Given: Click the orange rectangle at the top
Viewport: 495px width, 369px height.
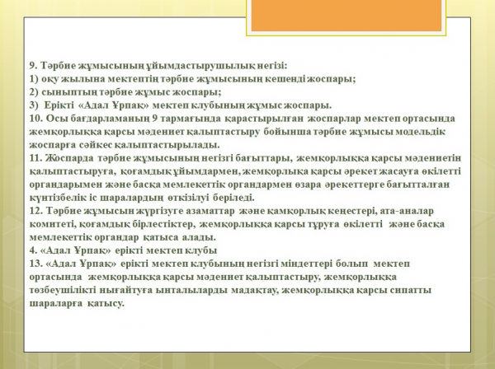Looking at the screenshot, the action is pyautogui.click(x=346, y=15).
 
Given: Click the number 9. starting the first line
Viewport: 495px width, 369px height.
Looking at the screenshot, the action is pyautogui.click(x=34, y=66).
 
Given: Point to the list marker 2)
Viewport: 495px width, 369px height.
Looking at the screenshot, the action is pyautogui.click(x=34, y=92).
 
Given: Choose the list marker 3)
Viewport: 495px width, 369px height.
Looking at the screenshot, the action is pyautogui.click(x=34, y=105).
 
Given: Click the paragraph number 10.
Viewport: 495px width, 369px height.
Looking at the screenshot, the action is pyautogui.click(x=35, y=119).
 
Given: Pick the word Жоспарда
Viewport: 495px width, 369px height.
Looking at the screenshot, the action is pyautogui.click(x=69, y=158).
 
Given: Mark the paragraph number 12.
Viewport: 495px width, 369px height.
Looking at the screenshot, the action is pyautogui.click(x=35, y=211).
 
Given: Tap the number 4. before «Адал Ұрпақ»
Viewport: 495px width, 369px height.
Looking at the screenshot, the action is pyautogui.click(x=34, y=250).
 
